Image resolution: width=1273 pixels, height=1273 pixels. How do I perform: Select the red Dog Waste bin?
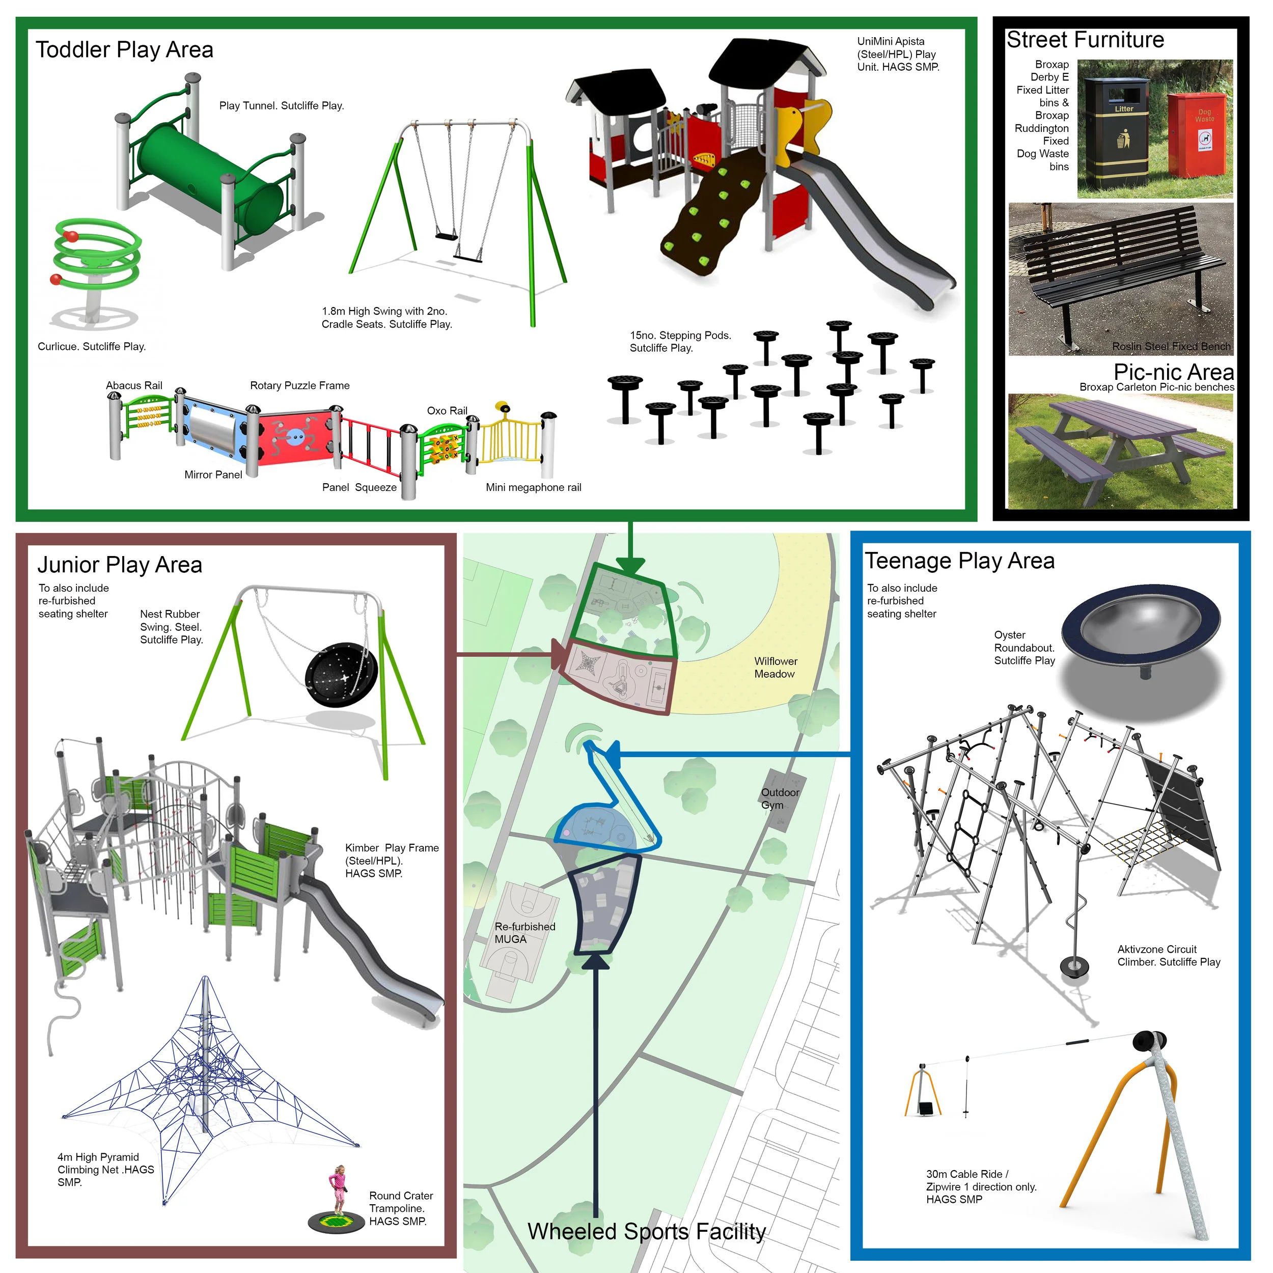(x=1197, y=134)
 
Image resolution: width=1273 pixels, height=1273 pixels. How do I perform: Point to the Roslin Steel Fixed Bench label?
(x=1171, y=347)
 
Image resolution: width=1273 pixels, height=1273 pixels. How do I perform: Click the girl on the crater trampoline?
(x=338, y=1189)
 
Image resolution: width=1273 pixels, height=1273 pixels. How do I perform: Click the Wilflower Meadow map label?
(x=776, y=668)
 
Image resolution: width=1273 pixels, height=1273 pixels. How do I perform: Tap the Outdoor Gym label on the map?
(x=780, y=798)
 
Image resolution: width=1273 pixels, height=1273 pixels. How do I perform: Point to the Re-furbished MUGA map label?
(x=524, y=932)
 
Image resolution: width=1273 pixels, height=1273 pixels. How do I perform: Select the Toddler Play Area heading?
(x=125, y=50)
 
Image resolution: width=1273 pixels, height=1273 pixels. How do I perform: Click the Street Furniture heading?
(x=1085, y=40)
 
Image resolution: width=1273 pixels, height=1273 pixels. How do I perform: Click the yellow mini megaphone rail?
(x=511, y=438)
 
